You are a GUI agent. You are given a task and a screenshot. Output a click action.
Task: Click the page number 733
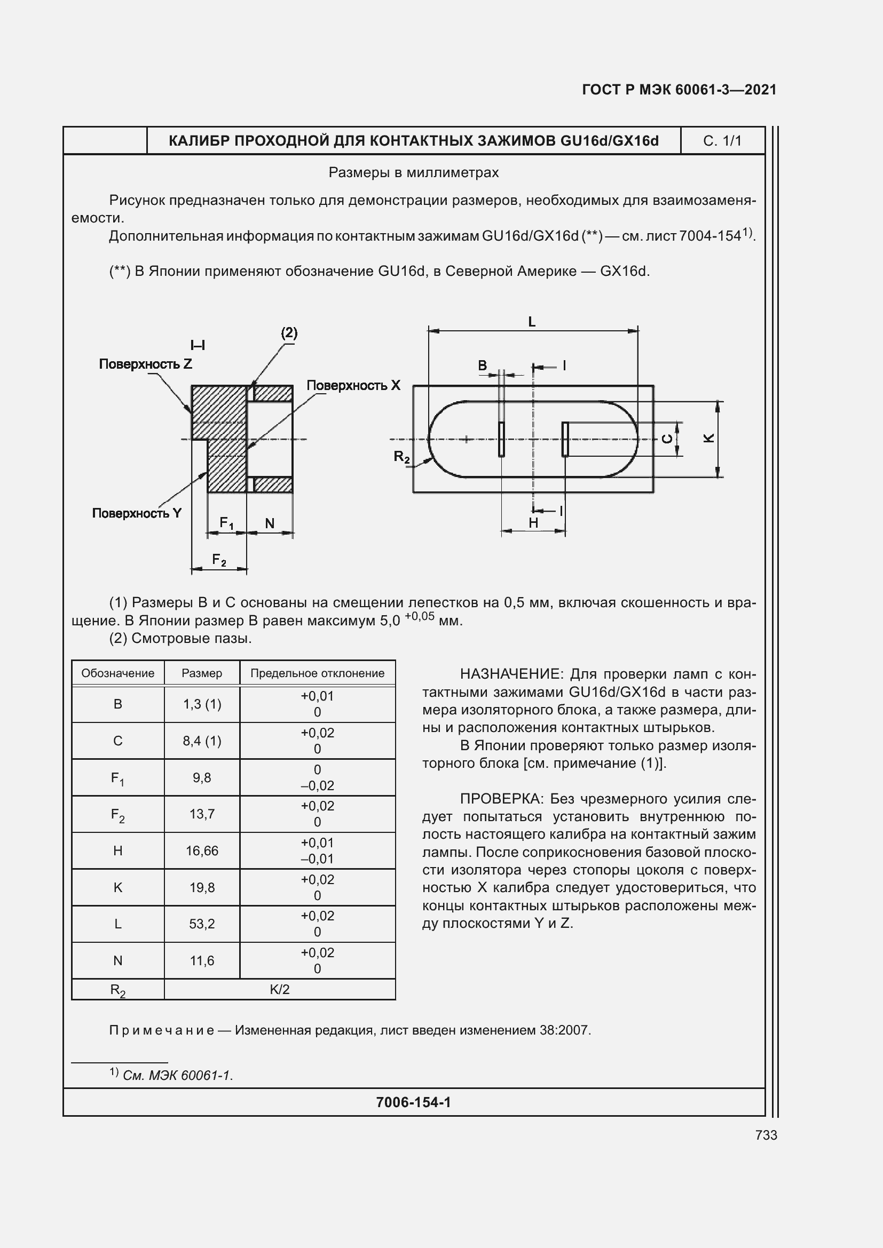[x=766, y=1135]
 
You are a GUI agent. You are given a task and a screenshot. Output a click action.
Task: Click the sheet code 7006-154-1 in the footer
[x=413, y=1102]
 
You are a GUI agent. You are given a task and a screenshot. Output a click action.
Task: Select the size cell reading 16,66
[x=202, y=850]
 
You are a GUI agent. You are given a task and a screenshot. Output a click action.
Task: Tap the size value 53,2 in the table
[x=202, y=924]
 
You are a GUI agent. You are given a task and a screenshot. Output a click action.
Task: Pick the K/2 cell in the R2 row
[x=279, y=989]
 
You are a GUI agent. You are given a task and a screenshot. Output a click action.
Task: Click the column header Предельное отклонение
[x=317, y=673]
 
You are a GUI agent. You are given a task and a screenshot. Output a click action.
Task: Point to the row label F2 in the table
[x=117, y=814]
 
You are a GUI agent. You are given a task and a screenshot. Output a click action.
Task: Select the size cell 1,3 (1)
[x=202, y=704]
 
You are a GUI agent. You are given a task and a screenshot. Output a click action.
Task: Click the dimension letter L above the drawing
[x=532, y=322]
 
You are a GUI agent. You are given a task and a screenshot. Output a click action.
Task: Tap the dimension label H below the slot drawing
[x=533, y=522]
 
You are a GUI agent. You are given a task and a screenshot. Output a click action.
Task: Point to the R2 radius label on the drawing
[x=402, y=457]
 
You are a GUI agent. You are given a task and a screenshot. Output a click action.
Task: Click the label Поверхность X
[x=353, y=385]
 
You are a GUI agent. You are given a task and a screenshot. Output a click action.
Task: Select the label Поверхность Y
[x=137, y=513]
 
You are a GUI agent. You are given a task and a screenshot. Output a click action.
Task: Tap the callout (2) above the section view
[x=289, y=332]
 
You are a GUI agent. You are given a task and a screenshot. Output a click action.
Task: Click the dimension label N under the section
[x=270, y=523]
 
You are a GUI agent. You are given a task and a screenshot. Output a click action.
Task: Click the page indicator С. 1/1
[x=722, y=141]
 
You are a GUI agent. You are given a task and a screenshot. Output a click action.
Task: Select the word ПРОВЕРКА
[x=501, y=799]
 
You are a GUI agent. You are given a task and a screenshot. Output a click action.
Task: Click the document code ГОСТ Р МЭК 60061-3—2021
[x=679, y=90]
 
